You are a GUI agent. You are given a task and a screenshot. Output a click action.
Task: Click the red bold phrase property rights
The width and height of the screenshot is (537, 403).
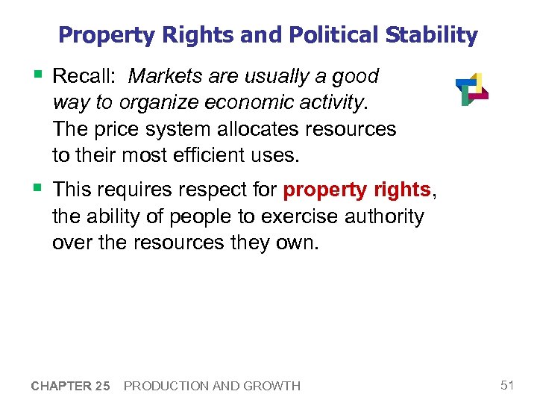[357, 190]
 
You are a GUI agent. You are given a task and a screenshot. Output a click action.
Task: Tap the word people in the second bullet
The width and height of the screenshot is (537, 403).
[191, 216]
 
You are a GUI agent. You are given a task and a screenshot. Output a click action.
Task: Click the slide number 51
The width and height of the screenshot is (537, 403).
[508, 385]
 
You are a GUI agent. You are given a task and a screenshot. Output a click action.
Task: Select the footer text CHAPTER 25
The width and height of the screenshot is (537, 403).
[71, 386]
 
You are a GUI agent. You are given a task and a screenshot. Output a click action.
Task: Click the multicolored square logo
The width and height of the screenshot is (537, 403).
[471, 89]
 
